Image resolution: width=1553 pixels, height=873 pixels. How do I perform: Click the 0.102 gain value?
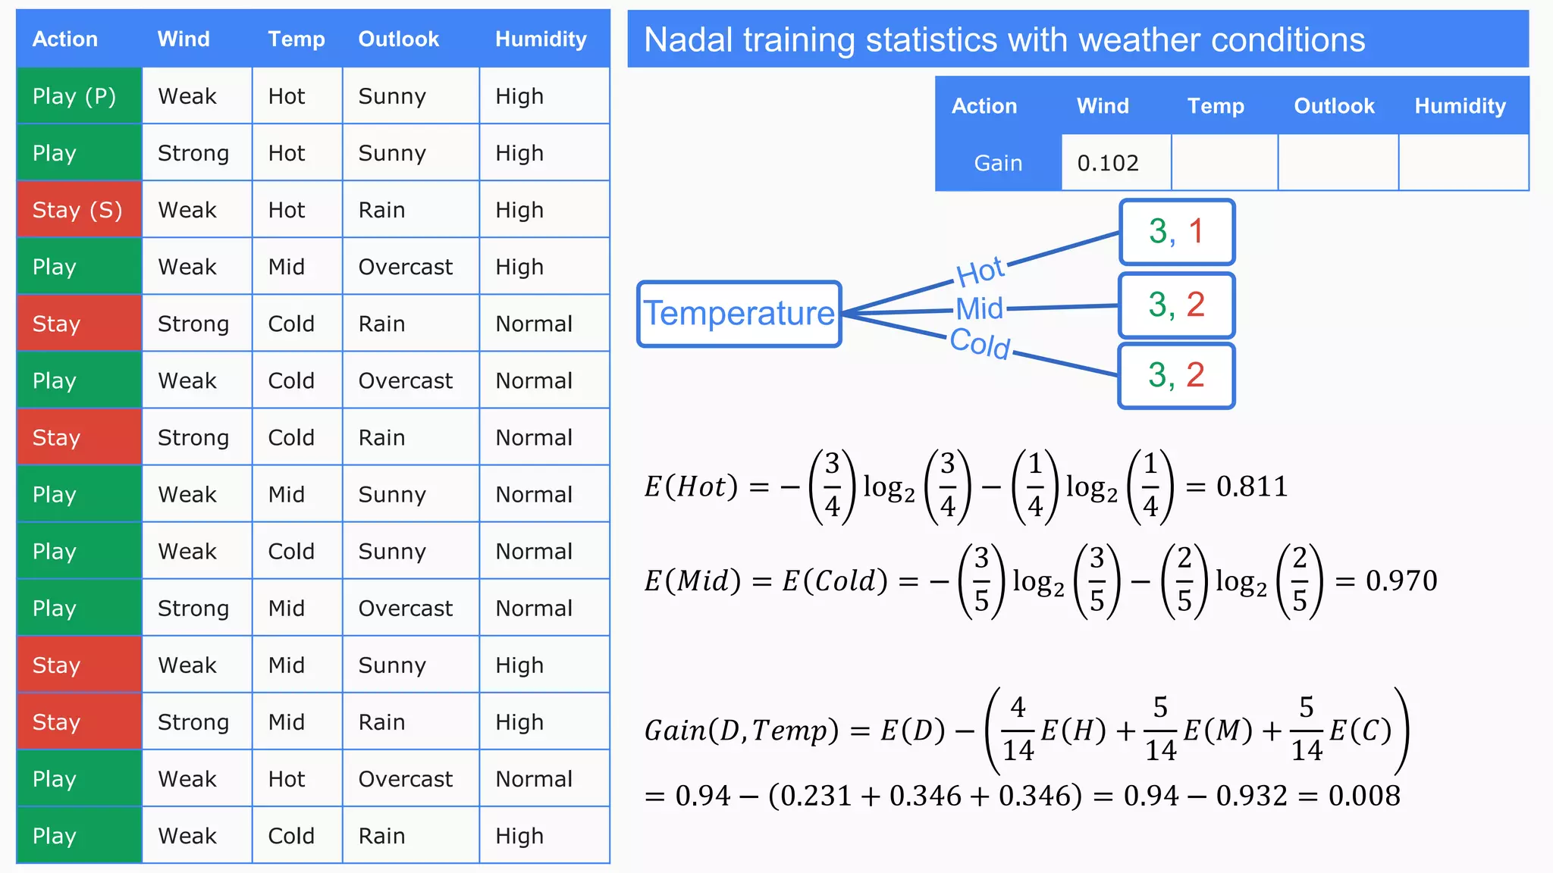(x=1108, y=163)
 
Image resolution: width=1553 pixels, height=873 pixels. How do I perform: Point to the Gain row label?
(x=998, y=163)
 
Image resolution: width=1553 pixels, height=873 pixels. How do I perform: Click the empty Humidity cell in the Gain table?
(x=1463, y=163)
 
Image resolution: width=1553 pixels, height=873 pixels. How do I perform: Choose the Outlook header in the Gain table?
(x=1334, y=106)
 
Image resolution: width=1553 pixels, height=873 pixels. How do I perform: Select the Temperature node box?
(x=739, y=314)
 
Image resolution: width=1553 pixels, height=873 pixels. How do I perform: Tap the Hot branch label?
(x=980, y=271)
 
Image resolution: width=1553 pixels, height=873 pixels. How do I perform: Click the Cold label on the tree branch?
(x=980, y=343)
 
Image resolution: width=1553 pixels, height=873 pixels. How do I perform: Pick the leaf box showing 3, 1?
(x=1177, y=232)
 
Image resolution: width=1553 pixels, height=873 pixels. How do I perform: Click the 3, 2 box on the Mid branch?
(x=1177, y=305)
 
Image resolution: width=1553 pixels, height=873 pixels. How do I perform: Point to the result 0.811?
(x=1252, y=487)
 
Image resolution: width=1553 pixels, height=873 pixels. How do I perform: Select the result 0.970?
(x=1401, y=581)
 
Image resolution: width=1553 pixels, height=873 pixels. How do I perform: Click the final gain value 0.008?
(x=1364, y=796)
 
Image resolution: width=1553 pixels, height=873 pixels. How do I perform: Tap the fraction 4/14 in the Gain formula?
(x=1018, y=729)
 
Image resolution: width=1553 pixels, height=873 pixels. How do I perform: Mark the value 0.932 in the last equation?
(x=1251, y=796)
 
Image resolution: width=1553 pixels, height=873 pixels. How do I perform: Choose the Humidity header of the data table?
(x=541, y=39)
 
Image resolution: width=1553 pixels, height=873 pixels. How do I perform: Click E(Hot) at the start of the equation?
(x=691, y=487)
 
